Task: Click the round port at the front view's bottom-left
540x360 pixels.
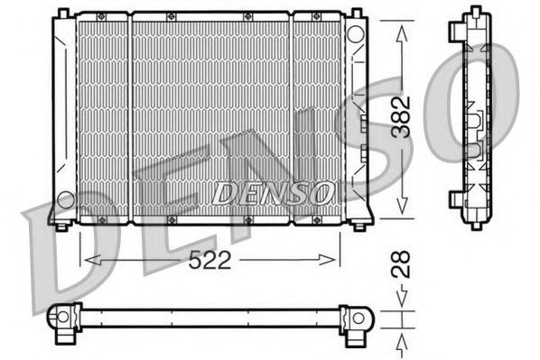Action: pyautogui.click(x=64, y=198)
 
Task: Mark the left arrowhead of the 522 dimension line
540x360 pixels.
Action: pyautogui.click(x=88, y=260)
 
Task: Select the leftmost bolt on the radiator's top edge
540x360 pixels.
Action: pyautogui.click(x=101, y=17)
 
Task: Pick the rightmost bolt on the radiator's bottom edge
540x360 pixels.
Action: pyautogui.click(x=312, y=220)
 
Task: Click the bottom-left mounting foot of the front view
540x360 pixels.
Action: pyautogui.click(x=60, y=225)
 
